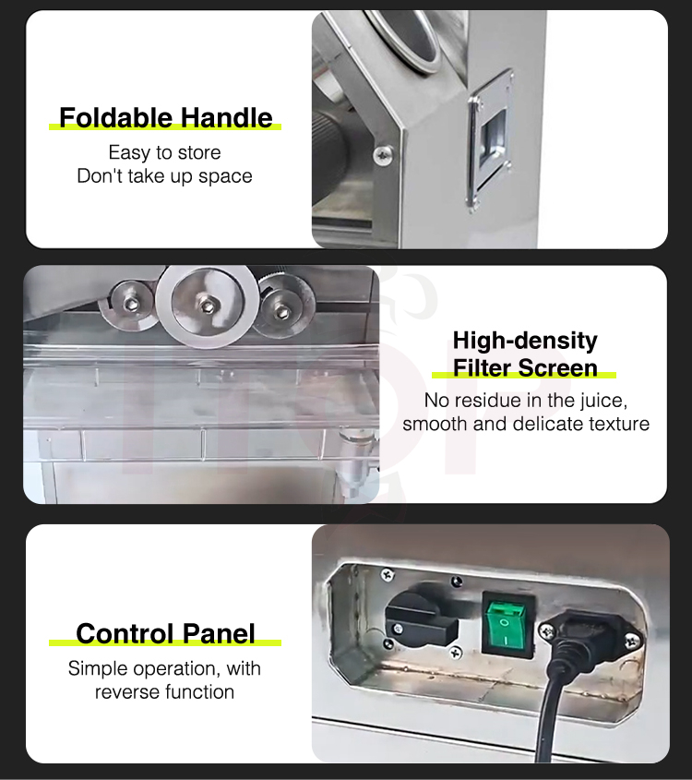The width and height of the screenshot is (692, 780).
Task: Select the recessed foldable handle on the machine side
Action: pos(491,141)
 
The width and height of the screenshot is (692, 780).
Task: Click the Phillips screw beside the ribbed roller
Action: pos(382,156)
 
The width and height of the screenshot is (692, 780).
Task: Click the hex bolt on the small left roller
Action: pos(130,303)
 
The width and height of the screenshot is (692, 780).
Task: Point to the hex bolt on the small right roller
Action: pos(283,311)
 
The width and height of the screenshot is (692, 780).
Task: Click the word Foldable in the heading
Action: pos(115,118)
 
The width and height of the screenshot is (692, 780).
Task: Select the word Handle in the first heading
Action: pos(226,118)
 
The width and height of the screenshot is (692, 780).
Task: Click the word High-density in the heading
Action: pos(525,342)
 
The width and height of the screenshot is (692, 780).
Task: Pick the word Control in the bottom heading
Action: pos(125,634)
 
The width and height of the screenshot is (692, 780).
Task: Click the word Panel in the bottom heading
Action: pos(219,634)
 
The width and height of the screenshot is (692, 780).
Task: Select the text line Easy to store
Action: pos(164,152)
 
